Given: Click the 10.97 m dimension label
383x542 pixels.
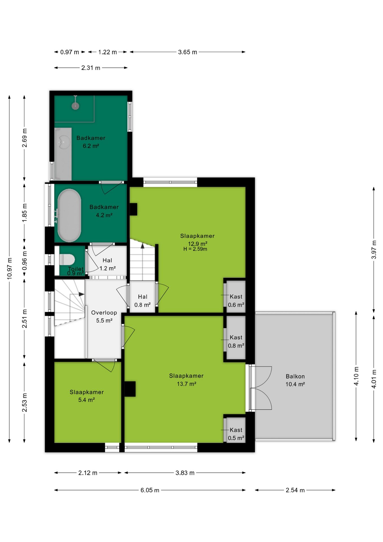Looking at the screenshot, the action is coord(10,268).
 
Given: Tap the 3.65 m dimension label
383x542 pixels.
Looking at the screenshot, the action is coord(188,52).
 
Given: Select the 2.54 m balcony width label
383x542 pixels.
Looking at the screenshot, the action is coord(295,490).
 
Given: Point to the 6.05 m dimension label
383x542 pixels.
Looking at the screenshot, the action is coord(150,490).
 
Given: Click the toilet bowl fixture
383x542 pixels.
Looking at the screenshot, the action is coord(67,259).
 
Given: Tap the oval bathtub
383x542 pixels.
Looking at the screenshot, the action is coord(69,215).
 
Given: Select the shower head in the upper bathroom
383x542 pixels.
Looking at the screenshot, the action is coord(75,106).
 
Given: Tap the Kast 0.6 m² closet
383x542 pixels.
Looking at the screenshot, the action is coord(236,297).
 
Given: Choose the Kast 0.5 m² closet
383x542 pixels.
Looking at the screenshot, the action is coord(236,430).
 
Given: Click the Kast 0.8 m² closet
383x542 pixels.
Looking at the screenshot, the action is coord(236,338).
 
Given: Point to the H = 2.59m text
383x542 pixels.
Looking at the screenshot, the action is coord(195,249).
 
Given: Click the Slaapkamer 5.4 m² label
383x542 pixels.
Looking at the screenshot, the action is coord(87,396).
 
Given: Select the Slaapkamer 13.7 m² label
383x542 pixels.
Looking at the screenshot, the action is coord(186,380).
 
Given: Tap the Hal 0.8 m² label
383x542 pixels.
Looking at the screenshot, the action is coord(142,301).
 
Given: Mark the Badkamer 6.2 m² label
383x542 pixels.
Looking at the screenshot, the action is coord(91,142).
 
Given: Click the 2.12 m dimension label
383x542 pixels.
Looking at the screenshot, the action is coord(88,473).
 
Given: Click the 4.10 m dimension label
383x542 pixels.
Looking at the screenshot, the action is coord(356,376).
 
